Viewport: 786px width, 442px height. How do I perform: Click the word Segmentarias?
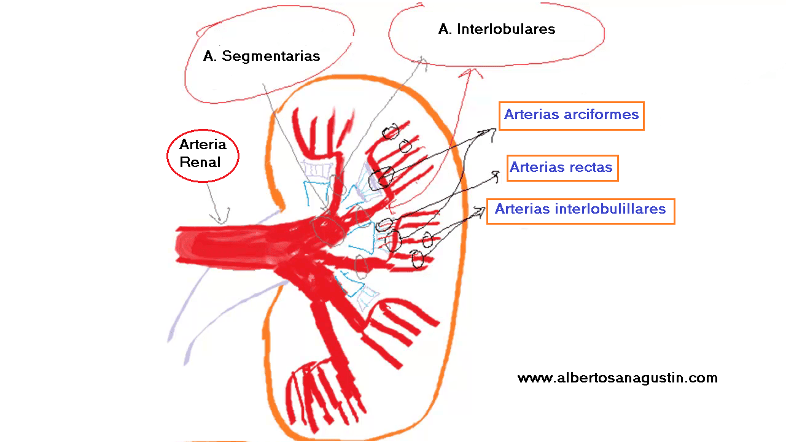(271, 56)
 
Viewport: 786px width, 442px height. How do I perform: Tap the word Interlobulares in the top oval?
(506, 29)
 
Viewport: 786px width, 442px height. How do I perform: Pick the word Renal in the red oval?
(200, 163)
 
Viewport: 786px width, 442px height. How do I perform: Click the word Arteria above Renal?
(203, 145)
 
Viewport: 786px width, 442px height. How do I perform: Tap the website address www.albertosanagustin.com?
(617, 378)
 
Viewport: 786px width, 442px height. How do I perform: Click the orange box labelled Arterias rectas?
(562, 168)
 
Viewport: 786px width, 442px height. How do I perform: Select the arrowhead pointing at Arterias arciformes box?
(493, 131)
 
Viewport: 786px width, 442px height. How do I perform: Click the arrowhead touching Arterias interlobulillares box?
(480, 211)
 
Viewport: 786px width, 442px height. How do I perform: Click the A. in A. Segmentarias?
(210, 56)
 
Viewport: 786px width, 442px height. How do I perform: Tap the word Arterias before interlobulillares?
(523, 209)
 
